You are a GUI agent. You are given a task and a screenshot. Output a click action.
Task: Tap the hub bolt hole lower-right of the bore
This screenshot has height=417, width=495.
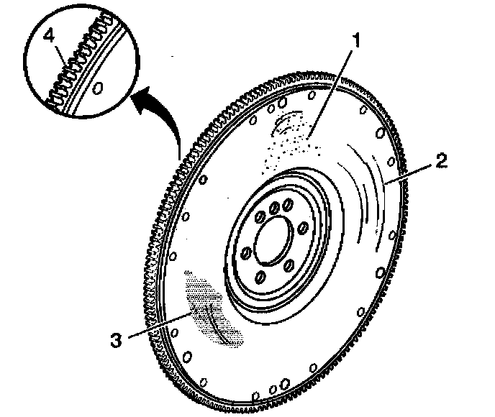pyautogui.click(x=289, y=265)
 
